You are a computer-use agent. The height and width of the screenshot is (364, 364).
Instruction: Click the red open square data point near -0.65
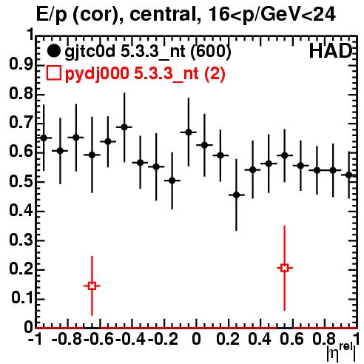point(92,286)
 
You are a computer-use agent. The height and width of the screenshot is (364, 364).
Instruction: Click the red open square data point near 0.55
point(285,268)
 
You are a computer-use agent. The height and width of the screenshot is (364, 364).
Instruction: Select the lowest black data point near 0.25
point(236,195)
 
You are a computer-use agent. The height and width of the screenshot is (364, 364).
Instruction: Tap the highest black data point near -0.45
point(124,127)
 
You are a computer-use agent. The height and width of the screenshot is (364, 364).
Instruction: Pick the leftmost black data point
point(44,138)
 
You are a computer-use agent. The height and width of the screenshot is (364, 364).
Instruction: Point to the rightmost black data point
point(348,175)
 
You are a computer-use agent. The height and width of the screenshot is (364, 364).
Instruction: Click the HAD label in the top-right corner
point(331,51)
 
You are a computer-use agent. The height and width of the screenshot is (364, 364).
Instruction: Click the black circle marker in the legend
point(53,51)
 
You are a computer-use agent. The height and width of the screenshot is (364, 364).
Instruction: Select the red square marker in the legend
point(53,73)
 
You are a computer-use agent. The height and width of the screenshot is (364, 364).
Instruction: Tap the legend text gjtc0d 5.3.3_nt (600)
point(148,52)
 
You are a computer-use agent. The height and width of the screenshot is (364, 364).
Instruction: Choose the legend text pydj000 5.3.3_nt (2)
point(145,74)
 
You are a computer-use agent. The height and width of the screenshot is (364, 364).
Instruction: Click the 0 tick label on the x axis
point(196,340)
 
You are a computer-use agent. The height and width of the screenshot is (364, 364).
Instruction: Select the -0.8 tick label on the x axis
point(67,340)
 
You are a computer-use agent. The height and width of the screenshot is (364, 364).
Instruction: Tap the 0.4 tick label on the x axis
point(259,340)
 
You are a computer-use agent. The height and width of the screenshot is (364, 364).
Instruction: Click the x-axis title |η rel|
point(342,352)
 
